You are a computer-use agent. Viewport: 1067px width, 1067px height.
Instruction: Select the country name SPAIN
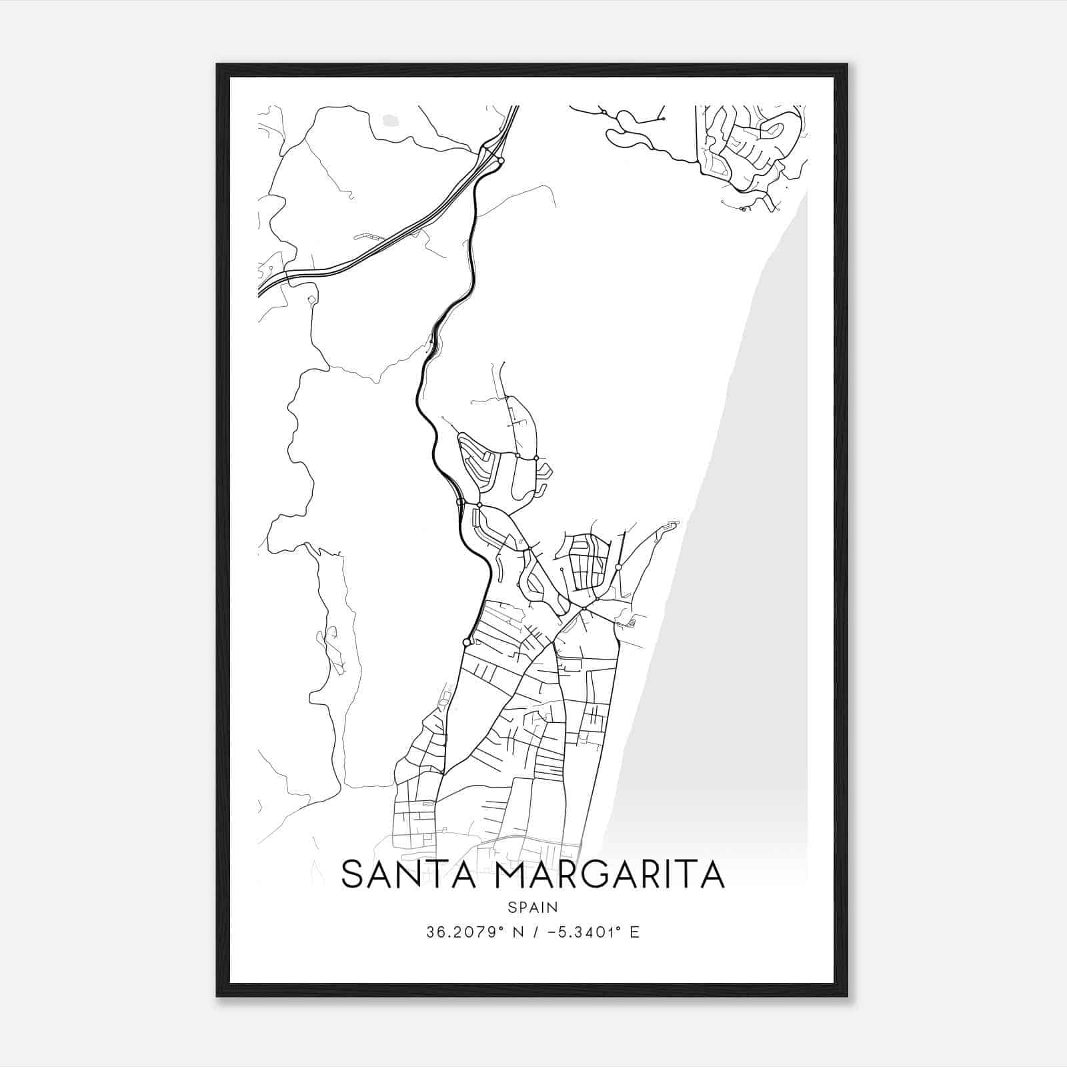tap(533, 907)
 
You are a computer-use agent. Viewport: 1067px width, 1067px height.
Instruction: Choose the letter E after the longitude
tap(634, 932)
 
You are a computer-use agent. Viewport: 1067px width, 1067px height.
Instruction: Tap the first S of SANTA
tap(353, 874)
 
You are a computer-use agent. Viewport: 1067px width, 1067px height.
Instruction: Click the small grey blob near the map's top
tap(389, 120)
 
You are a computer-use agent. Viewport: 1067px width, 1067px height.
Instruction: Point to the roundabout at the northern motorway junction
tap(500, 160)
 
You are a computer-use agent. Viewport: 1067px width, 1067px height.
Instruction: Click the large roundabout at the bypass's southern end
tap(467, 642)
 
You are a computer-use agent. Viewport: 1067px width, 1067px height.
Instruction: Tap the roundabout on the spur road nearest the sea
tap(618, 567)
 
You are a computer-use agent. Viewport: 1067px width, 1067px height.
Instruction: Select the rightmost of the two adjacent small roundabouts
tap(536, 458)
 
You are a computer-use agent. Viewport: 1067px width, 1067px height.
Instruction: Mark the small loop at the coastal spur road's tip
tap(672, 524)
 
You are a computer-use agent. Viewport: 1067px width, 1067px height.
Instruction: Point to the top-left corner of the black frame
tap(218, 65)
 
